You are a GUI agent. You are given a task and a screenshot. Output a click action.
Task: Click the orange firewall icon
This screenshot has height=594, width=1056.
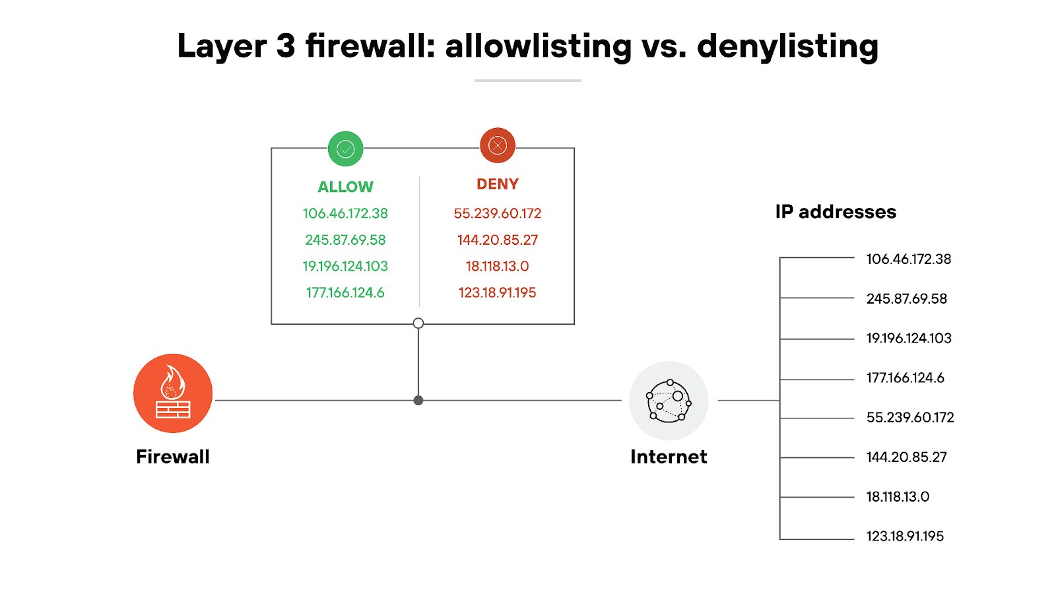173,393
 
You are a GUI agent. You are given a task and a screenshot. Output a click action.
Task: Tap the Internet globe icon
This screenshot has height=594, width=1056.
669,401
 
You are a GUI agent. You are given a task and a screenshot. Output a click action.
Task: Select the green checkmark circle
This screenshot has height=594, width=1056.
346,148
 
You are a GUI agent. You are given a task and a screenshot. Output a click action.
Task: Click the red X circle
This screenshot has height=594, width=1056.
498,145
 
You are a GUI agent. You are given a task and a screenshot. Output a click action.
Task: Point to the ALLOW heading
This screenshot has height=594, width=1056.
345,187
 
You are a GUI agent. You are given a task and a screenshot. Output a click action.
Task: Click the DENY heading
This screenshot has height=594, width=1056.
498,184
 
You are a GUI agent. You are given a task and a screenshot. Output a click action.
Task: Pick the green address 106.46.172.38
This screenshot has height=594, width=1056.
345,213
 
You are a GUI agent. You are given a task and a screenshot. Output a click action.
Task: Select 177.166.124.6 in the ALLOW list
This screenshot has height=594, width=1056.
345,292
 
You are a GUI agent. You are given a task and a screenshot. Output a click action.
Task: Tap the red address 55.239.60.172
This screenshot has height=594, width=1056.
498,213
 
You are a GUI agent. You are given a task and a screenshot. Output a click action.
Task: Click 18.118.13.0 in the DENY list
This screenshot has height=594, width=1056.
498,266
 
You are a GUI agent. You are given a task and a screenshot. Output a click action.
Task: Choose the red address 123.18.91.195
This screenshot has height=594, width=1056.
498,292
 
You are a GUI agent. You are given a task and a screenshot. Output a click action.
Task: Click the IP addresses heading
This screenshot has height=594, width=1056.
836,212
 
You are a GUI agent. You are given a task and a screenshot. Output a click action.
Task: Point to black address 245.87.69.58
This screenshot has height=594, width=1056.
907,298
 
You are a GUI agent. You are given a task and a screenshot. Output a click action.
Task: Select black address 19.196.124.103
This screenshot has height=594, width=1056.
909,338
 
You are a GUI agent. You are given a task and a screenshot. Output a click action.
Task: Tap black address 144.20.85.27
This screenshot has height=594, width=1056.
907,457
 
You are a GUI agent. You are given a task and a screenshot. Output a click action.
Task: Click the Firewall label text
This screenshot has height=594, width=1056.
173,457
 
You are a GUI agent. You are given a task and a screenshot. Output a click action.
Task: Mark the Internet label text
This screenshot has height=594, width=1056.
669,457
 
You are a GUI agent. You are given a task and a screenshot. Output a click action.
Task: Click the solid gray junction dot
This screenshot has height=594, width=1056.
418,401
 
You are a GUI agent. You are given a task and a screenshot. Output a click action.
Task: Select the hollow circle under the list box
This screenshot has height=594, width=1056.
418,323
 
